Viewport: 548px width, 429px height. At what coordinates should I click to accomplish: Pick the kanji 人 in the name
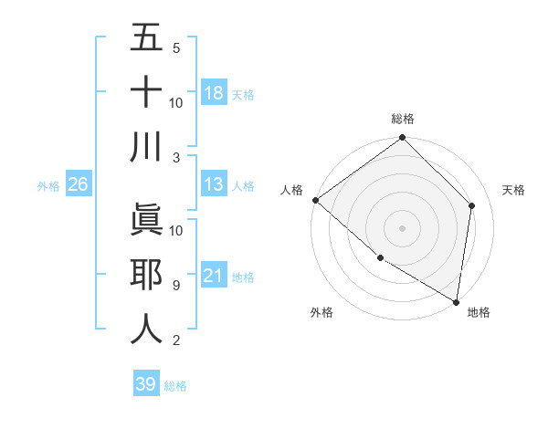pyautogui.click(x=147, y=329)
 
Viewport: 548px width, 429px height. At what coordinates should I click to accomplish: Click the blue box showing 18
pyautogui.click(x=214, y=92)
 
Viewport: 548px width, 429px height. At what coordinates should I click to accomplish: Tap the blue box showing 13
pyautogui.click(x=214, y=184)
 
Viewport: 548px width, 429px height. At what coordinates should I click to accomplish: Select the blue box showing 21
pyautogui.click(x=214, y=275)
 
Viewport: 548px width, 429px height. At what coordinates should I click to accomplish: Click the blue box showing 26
pyautogui.click(x=78, y=184)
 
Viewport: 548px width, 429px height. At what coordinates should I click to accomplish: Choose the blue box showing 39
pyautogui.click(x=146, y=384)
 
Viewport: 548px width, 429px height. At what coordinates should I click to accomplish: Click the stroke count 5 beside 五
pyautogui.click(x=176, y=47)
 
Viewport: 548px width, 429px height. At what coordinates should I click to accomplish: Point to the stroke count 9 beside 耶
pyautogui.click(x=176, y=285)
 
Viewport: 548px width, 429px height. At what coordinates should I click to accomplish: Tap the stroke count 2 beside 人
pyautogui.click(x=176, y=340)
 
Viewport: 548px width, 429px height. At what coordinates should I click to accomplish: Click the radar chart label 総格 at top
pyautogui.click(x=403, y=119)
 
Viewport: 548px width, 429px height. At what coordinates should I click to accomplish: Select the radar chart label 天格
pyautogui.click(x=513, y=190)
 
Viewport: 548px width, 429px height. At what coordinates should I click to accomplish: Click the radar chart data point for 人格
pyautogui.click(x=315, y=200)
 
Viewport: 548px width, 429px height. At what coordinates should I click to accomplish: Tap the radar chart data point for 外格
pyautogui.click(x=380, y=257)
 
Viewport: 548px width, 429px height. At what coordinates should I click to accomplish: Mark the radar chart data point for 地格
pyautogui.click(x=457, y=301)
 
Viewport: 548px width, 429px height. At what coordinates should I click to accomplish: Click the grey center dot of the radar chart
pyautogui.click(x=403, y=227)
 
